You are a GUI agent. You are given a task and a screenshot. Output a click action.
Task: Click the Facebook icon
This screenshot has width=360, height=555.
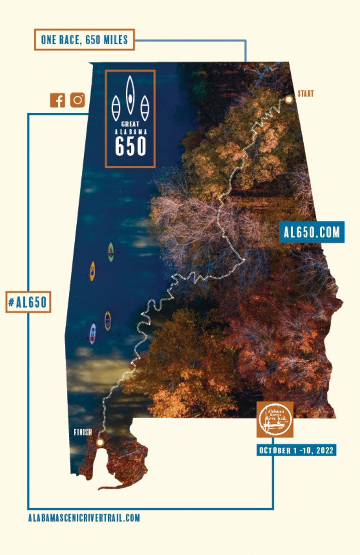(57, 100)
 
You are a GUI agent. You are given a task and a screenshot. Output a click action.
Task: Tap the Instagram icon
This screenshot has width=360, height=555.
(78, 100)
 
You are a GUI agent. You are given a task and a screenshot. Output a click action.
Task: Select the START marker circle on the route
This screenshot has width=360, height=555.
(289, 99)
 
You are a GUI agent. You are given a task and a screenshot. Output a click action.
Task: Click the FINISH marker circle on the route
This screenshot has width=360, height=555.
(100, 442)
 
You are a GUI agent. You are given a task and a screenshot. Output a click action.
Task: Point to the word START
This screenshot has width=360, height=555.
(305, 94)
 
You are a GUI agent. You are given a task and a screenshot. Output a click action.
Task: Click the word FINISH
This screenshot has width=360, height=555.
(83, 433)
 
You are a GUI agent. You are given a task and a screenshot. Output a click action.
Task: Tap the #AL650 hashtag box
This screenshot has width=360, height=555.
(28, 302)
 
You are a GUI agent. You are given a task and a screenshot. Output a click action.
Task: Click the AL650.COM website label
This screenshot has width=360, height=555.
(312, 232)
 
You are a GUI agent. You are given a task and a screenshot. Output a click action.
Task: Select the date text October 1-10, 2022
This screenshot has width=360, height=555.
(296, 450)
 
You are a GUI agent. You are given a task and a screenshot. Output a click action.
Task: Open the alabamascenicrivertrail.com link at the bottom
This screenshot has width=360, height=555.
(84, 518)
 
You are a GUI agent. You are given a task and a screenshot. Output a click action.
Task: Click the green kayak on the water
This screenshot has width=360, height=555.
(111, 252)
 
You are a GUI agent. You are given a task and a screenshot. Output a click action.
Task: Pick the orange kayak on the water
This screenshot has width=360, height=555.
(92, 271)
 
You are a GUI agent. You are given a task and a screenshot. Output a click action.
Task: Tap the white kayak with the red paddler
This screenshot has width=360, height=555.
(93, 333)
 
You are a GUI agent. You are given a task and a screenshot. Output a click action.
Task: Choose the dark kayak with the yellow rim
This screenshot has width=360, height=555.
(108, 320)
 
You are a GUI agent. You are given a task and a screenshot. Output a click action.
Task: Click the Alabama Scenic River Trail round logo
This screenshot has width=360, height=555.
(275, 419)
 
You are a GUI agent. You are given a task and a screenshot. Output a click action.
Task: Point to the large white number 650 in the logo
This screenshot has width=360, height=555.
(130, 146)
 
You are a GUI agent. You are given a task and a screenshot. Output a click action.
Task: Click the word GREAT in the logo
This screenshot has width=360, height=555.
(130, 124)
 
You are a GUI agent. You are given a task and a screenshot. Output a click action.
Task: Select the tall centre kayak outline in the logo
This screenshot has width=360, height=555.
(130, 95)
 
